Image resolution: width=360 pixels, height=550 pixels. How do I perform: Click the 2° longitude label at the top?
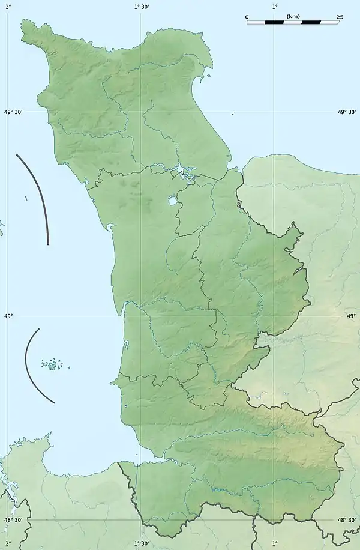8,6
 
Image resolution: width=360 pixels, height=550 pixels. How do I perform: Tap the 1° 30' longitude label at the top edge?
142,6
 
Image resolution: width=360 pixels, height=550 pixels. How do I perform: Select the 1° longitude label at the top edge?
275,6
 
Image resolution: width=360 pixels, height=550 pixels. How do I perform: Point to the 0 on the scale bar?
247,17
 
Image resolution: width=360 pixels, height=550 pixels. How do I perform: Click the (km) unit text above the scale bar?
293,16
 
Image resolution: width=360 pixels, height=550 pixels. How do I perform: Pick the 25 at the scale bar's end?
340,17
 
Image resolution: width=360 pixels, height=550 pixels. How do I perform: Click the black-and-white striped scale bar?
293,22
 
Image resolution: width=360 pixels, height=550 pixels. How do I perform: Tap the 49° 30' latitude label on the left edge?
13,112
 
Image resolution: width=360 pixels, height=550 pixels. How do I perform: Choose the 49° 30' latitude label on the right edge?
347,112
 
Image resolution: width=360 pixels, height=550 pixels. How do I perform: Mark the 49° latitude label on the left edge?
8,315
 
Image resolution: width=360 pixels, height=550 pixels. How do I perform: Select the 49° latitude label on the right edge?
351,315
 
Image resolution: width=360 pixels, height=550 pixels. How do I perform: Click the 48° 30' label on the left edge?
13,521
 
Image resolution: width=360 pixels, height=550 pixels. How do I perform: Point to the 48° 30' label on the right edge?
347,521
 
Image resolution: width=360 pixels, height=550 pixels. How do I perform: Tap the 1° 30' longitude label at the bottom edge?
142,543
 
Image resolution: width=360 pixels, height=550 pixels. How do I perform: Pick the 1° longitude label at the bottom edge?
275,543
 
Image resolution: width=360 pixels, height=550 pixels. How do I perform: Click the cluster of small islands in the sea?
53,364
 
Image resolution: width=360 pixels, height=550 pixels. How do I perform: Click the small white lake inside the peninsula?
172,199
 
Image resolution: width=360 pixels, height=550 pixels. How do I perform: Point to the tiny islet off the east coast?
233,113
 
